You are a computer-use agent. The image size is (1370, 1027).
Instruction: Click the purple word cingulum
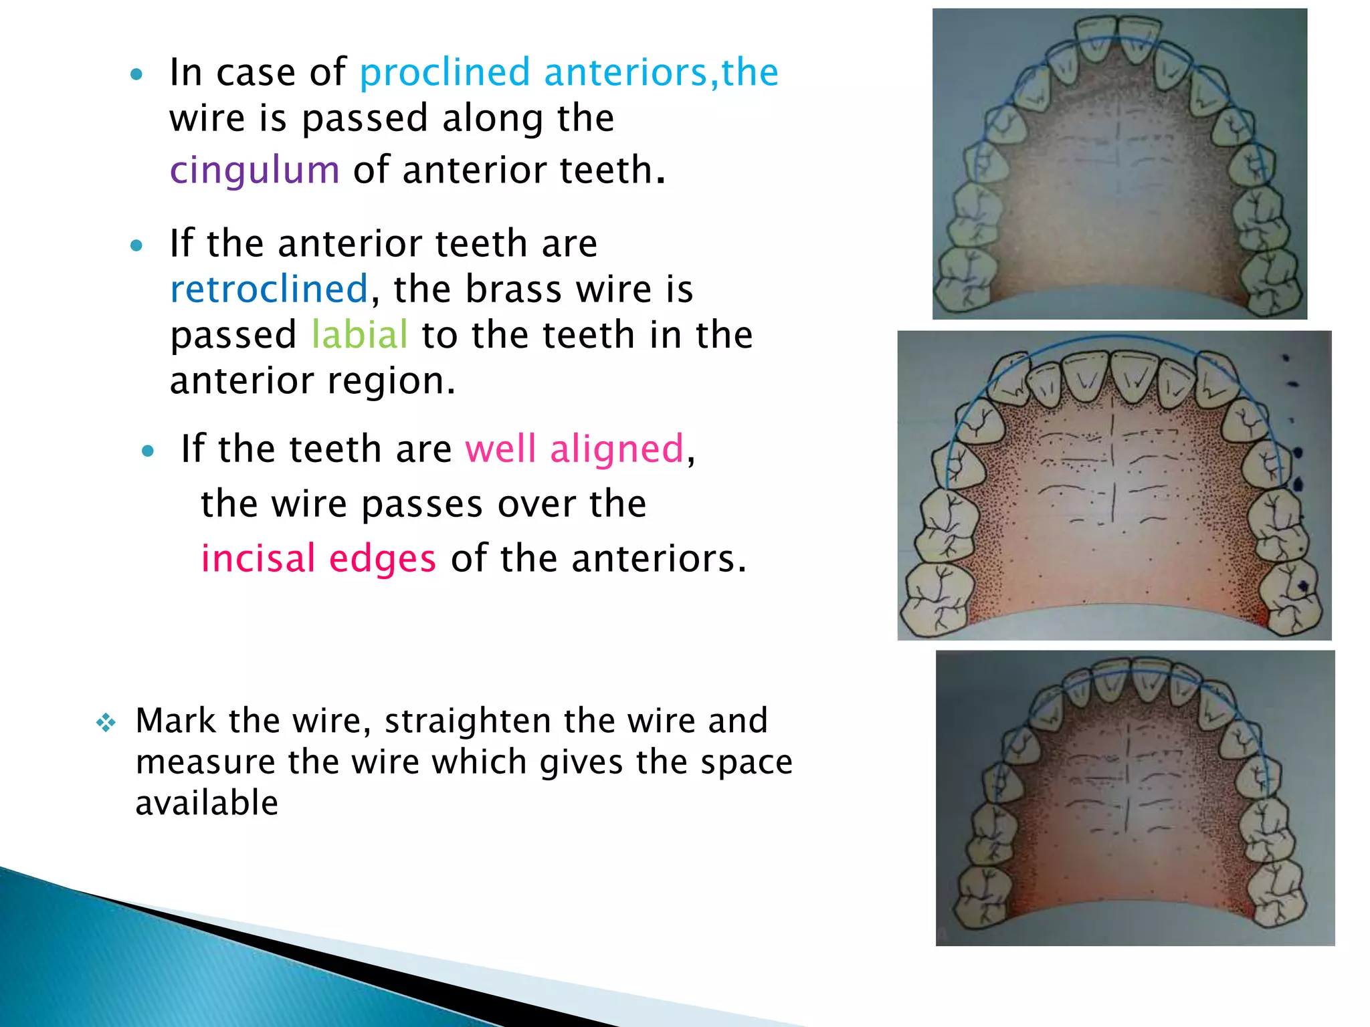pos(254,170)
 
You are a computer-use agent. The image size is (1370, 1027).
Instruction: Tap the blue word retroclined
pos(269,290)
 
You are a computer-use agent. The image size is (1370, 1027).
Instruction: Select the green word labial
pos(359,335)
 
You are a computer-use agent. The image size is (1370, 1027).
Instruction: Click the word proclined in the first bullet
pos(445,72)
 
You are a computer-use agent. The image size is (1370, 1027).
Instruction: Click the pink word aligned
pos(617,449)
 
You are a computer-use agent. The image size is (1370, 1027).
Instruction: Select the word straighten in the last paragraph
pos(468,721)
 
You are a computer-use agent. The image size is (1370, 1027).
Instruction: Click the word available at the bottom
pos(207,803)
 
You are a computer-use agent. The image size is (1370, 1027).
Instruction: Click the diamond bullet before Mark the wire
pos(106,723)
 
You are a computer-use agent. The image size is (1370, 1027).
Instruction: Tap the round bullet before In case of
pos(137,74)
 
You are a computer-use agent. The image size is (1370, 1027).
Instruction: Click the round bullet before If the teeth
pos(149,451)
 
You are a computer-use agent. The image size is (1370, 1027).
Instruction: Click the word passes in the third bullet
pos(421,503)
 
